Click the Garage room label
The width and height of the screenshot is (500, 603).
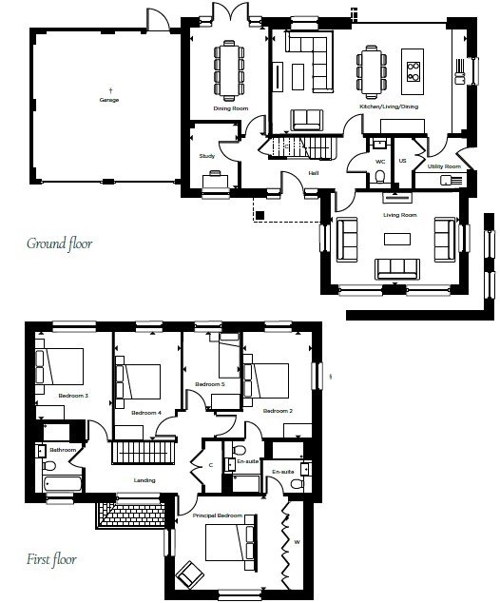click(109, 100)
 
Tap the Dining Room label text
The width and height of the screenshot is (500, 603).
click(231, 108)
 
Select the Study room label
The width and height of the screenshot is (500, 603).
click(207, 156)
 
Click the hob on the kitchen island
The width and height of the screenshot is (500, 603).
click(413, 71)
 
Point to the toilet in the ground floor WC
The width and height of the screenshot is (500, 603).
click(379, 177)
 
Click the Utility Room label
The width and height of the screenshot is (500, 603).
click(444, 166)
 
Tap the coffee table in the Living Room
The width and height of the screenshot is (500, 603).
click(397, 239)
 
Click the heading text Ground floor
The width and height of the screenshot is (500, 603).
click(60, 243)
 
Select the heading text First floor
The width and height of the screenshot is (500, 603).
click(51, 559)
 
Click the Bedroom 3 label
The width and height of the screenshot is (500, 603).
click(73, 396)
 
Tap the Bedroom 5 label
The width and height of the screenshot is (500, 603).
click(210, 384)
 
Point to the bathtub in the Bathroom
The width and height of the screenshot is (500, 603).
click(63, 483)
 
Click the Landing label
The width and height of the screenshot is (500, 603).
click(144, 480)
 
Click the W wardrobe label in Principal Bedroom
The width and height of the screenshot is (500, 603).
click(297, 542)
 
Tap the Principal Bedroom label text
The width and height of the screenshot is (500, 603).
click(218, 515)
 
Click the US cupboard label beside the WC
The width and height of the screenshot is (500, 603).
click(402, 161)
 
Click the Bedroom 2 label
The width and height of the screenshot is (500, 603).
click(278, 411)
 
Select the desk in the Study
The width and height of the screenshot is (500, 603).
click(215, 181)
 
